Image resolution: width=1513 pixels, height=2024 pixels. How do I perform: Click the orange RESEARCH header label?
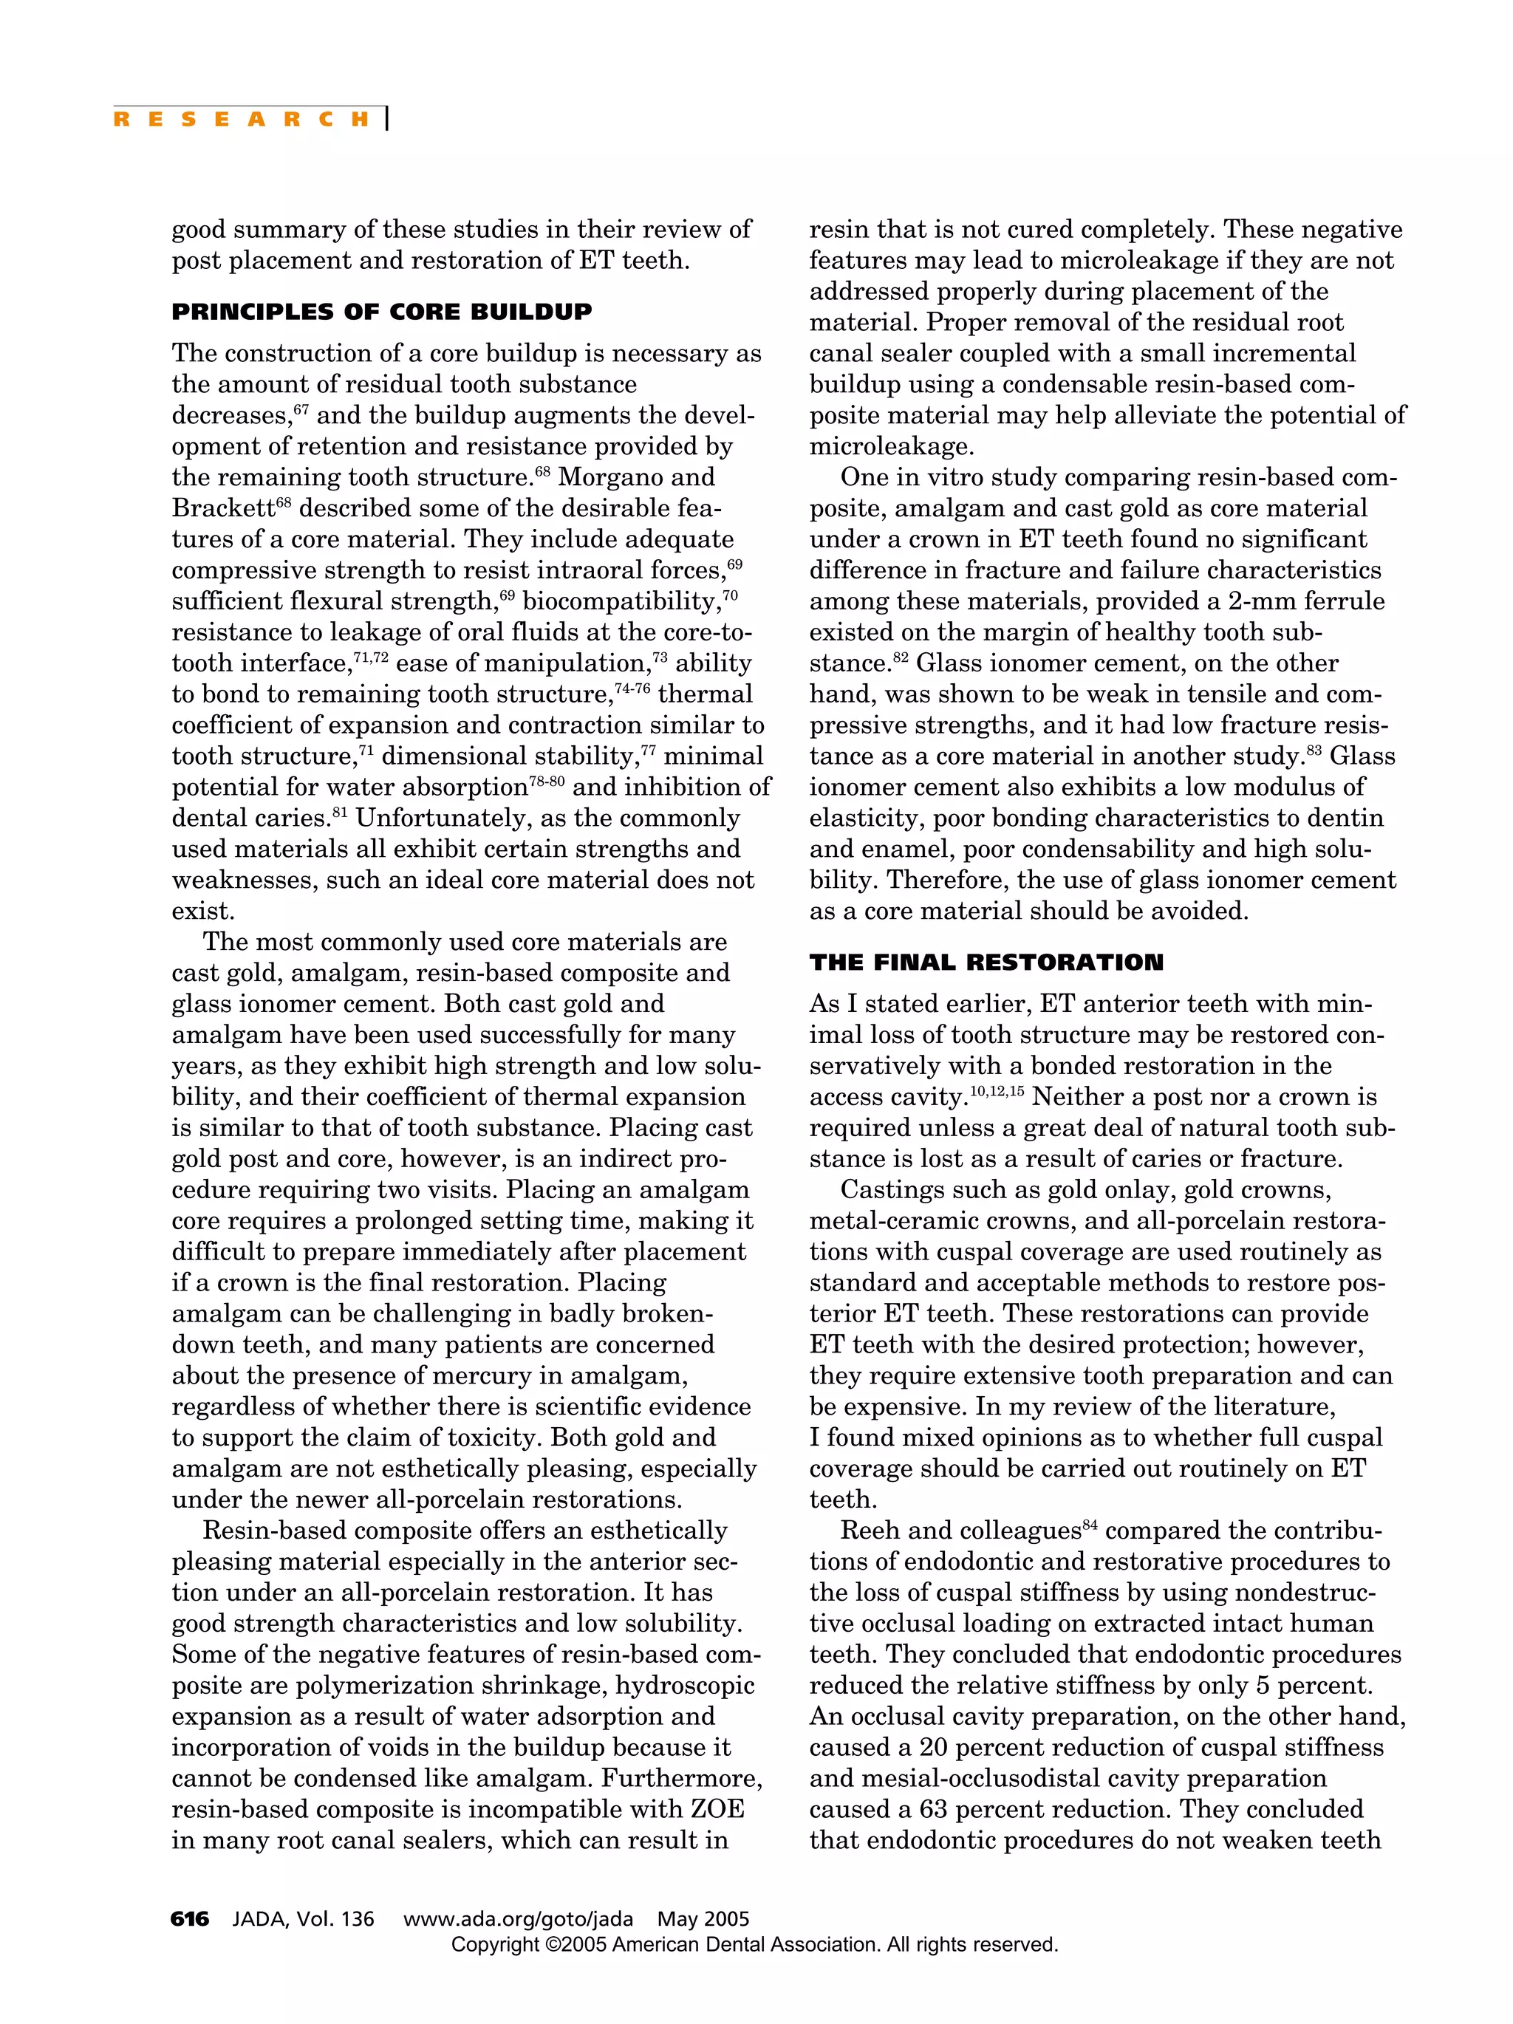pyautogui.click(x=241, y=119)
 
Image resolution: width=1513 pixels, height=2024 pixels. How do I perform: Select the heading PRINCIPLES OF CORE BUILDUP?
pyautogui.click(x=382, y=312)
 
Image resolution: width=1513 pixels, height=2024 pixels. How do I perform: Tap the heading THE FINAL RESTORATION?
pyautogui.click(x=986, y=963)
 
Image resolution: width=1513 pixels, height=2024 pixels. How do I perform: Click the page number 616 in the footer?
pyautogui.click(x=189, y=1919)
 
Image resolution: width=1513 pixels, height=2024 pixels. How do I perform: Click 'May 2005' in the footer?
pyautogui.click(x=703, y=1919)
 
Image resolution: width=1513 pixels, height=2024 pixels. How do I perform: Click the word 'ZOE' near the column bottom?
pyautogui.click(x=717, y=1810)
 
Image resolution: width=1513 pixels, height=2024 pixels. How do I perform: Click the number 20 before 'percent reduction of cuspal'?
pyautogui.click(x=935, y=1748)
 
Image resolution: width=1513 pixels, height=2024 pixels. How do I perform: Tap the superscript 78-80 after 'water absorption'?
pyautogui.click(x=547, y=782)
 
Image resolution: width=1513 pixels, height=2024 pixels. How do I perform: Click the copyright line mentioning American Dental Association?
pyautogui.click(x=754, y=1944)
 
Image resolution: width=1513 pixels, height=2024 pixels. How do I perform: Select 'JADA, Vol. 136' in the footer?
pyautogui.click(x=303, y=1919)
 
